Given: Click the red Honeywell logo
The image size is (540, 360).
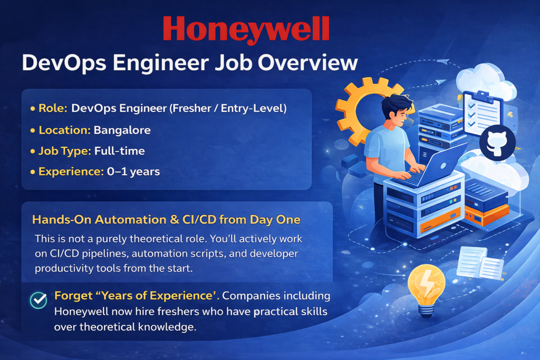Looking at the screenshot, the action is [x=246, y=30].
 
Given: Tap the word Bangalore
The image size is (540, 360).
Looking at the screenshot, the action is [x=122, y=130].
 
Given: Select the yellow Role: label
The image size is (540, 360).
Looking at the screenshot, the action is [x=53, y=108].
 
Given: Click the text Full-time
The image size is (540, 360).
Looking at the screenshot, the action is [x=120, y=151].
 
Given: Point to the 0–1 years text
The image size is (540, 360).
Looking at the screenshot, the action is [x=133, y=171].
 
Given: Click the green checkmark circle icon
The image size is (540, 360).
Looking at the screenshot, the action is [x=38, y=300].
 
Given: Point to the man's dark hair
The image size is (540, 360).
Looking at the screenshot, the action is [x=396, y=105].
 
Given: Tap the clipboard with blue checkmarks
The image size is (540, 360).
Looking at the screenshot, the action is [x=482, y=113].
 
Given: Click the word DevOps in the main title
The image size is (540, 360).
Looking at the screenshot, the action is [x=64, y=63].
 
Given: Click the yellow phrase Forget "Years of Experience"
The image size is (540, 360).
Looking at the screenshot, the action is [x=137, y=296].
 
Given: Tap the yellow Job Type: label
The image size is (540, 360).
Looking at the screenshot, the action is [x=65, y=151].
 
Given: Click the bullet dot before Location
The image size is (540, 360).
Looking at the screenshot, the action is [x=33, y=131].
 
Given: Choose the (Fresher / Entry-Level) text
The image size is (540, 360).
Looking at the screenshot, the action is [x=228, y=109].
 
